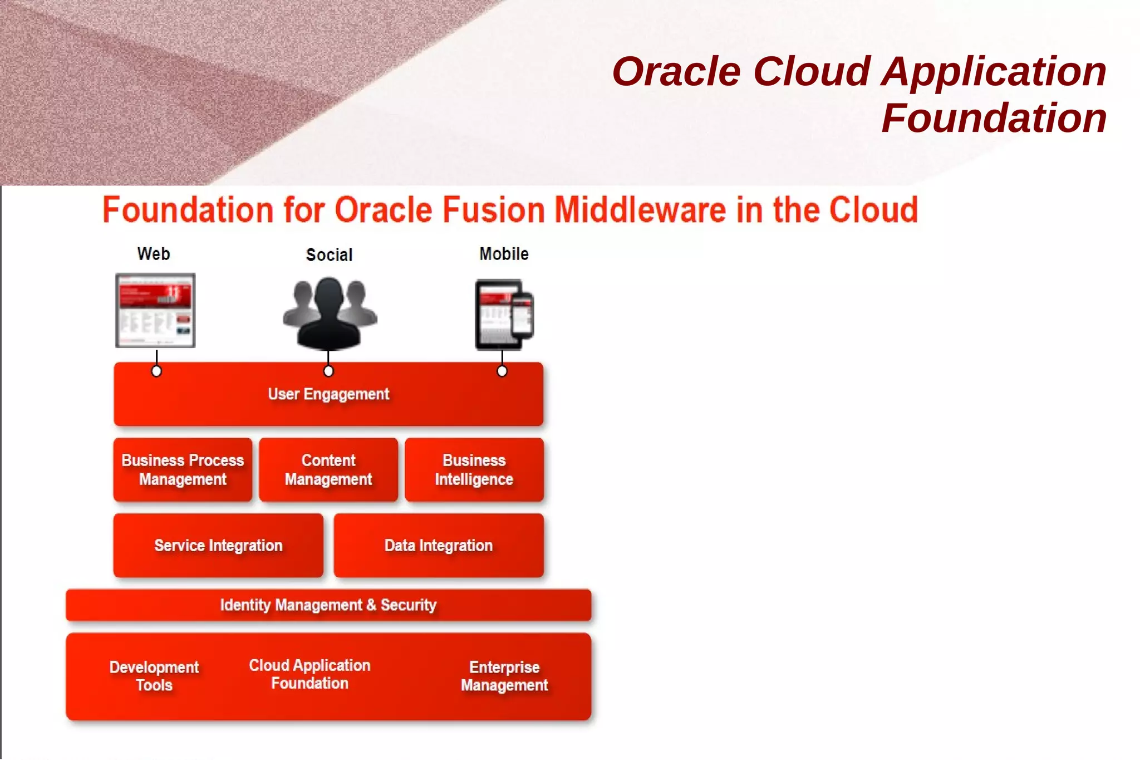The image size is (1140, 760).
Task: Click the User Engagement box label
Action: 328,394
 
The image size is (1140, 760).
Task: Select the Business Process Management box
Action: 183,470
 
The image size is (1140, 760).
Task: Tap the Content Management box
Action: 328,470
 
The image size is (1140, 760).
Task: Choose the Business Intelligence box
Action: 474,470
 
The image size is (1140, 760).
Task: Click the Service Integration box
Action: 218,546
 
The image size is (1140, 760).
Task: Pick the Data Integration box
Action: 439,546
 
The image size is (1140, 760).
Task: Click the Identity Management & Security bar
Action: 328,605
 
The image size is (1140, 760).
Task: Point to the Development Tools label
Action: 154,676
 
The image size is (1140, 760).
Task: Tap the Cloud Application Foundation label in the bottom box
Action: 309,674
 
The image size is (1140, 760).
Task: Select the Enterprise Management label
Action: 504,676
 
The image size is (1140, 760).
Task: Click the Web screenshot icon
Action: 155,310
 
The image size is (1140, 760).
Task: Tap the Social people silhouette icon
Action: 330,313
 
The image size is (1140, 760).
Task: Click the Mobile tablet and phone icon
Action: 504,315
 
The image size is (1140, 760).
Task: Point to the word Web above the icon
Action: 154,254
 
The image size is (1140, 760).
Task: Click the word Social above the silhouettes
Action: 330,255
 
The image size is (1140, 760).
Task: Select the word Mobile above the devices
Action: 504,254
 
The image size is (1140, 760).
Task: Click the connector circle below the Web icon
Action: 156,371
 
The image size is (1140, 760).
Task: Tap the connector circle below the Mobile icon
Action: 502,371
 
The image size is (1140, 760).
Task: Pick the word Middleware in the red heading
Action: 640,210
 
